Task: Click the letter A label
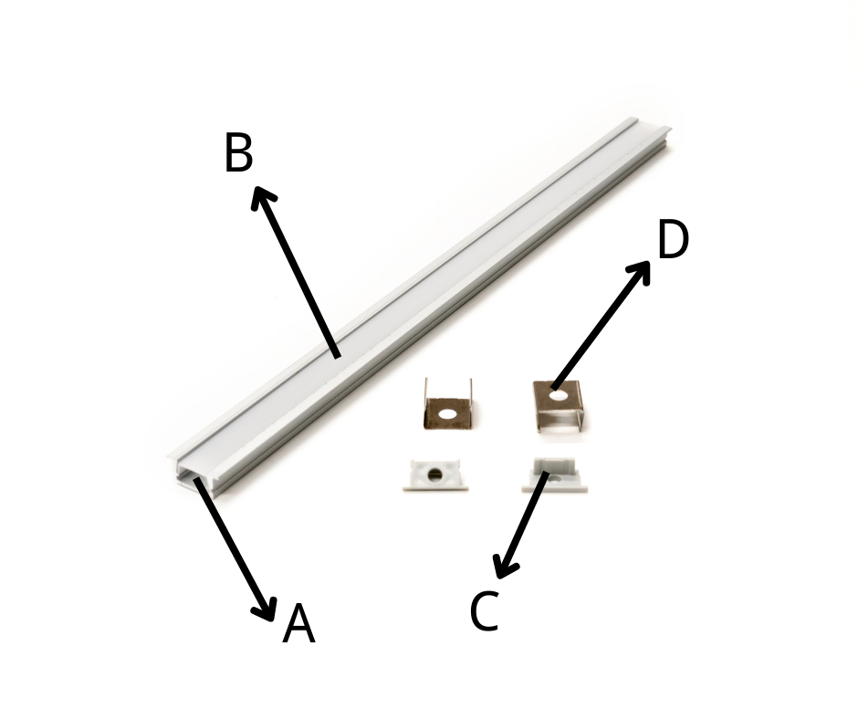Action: (x=298, y=623)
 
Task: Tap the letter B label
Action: (x=238, y=152)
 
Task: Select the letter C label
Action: (x=485, y=610)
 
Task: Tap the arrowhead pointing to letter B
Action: (x=262, y=197)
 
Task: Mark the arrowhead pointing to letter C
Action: (x=504, y=567)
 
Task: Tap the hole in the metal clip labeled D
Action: (x=558, y=393)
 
